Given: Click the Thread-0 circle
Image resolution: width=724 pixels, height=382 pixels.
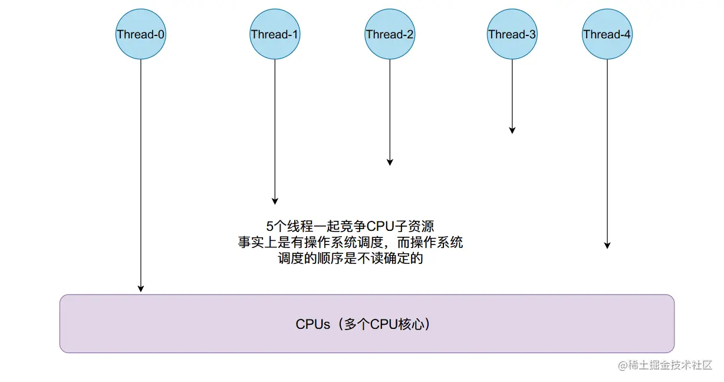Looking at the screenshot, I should click(x=140, y=34).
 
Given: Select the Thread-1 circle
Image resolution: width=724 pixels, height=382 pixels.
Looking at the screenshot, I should click(x=275, y=34).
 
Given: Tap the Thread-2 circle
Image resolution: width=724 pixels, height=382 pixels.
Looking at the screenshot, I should click(x=390, y=34).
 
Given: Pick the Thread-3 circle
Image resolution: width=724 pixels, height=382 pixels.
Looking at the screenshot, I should click(x=512, y=34).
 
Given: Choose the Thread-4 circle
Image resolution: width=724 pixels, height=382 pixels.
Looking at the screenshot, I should click(x=607, y=34).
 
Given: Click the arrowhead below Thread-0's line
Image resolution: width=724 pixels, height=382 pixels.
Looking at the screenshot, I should click(x=140, y=288).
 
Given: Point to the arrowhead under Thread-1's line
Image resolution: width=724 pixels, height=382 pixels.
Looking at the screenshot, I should click(x=275, y=201).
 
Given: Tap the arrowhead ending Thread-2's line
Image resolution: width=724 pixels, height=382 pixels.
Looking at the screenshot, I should click(x=390, y=162).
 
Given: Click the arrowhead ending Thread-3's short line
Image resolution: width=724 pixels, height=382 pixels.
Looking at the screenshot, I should click(x=512, y=130).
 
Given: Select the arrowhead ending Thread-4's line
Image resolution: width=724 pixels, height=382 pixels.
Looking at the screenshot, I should click(x=607, y=245).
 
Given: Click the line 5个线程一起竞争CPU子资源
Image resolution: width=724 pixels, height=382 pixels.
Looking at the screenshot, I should click(x=350, y=227).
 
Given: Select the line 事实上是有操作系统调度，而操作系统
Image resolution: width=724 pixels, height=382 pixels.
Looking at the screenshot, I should click(x=350, y=243).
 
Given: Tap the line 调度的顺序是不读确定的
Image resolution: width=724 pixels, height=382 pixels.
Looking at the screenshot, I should click(x=350, y=259).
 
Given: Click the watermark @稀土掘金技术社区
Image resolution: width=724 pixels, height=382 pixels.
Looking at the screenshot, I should click(x=665, y=365).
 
